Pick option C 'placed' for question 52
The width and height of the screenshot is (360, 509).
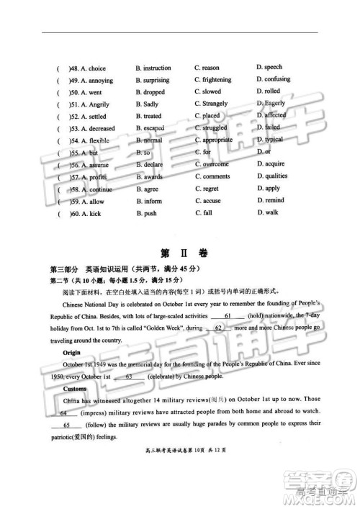point(211,116)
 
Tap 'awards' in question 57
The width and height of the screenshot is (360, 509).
point(153,176)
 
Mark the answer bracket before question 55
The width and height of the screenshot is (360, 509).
point(61,153)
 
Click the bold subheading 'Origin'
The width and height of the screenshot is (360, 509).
point(71,353)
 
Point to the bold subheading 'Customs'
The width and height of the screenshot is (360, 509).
point(75,389)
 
